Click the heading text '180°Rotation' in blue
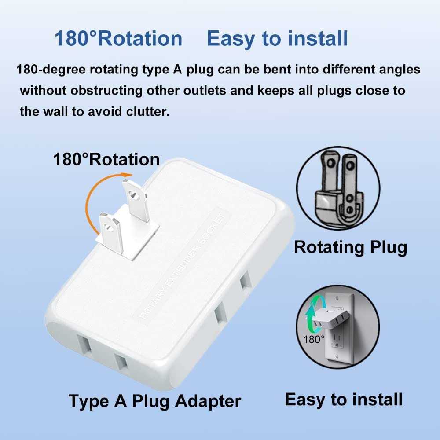pos(118,39)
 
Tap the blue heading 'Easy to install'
pos(277,39)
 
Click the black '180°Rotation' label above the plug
pos(106,159)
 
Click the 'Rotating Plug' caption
pos(350,247)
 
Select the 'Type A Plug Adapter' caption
pos(155,401)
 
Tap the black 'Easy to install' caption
pos(344,400)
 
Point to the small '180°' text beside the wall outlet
pos(313,339)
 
